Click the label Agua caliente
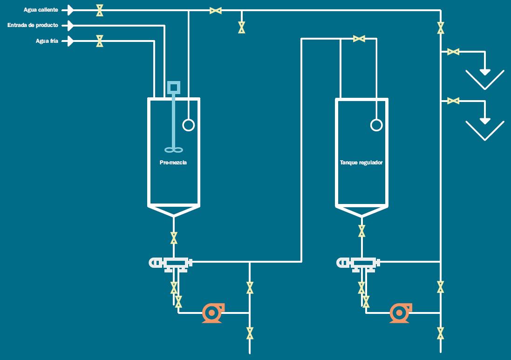coord(41,10)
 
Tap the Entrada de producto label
coord(33,25)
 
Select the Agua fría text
coord(47,41)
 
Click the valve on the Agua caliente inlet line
coord(99,10)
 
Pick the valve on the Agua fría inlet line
coord(99,41)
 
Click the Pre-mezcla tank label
coord(173,163)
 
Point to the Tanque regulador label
coord(361,163)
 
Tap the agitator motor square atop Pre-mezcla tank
coord(174,87)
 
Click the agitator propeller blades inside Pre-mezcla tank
coord(174,150)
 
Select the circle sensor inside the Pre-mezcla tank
coord(188,125)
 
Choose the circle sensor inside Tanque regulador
coord(376,125)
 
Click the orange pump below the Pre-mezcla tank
coord(212,313)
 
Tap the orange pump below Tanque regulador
coord(400,313)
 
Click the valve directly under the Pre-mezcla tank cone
coord(174,238)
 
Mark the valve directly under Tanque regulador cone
coord(361,231)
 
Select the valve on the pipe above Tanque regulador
coord(359,39)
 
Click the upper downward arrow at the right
coord(485,72)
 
